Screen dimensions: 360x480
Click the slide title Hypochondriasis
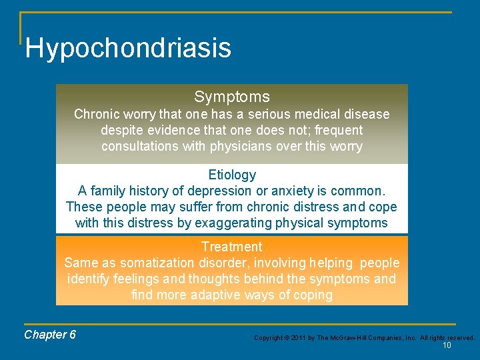click(128, 48)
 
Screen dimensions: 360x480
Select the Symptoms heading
click(231, 97)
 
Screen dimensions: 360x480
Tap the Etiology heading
click(231, 175)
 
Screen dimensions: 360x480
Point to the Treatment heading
click(231, 247)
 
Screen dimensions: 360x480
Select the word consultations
click(141, 146)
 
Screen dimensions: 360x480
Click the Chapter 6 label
click(50, 335)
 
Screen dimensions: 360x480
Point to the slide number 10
click(447, 345)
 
